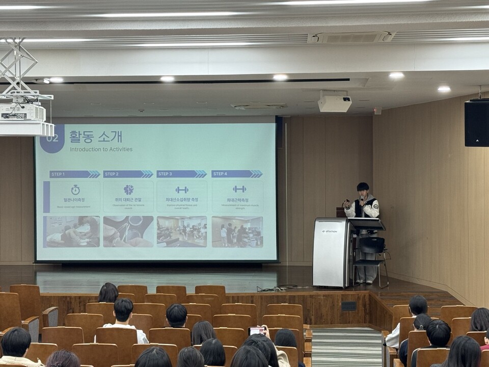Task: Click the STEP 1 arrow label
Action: [74, 174]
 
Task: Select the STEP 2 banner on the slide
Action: [128, 174]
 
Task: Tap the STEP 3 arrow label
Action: [181, 174]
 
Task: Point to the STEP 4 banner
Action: [236, 174]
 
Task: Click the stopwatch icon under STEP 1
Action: [75, 190]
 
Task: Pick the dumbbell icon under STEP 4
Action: [239, 189]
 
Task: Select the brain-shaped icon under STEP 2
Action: [128, 190]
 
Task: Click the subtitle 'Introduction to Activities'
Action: [101, 149]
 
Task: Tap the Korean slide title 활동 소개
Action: [96, 136]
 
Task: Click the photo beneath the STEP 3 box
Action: [182, 231]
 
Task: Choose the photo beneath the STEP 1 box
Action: [71, 231]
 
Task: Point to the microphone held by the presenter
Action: [362, 200]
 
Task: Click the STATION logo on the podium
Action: [329, 231]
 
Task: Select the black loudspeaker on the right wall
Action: [476, 123]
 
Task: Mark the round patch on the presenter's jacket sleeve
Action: [375, 206]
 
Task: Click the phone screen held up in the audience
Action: [256, 331]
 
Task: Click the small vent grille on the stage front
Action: [348, 306]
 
